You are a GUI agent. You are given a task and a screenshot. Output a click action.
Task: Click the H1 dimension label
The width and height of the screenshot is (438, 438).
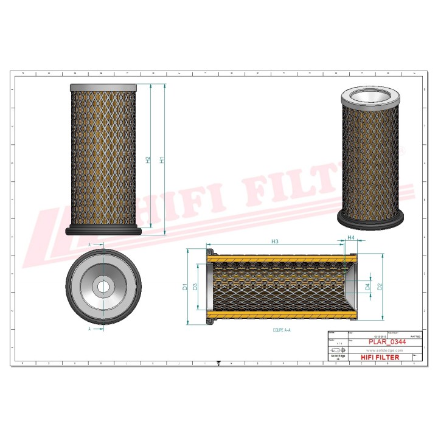(x=162, y=160)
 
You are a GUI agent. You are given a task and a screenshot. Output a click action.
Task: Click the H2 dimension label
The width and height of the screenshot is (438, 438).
(x=148, y=160)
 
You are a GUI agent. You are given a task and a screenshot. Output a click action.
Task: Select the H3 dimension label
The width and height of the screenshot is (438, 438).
(x=275, y=242)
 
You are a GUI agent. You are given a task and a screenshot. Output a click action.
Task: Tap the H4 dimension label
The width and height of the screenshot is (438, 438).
(x=351, y=237)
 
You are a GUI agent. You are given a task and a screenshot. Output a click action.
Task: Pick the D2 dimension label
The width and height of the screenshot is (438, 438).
(x=380, y=286)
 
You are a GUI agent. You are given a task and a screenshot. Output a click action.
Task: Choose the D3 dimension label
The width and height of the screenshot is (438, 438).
(x=195, y=286)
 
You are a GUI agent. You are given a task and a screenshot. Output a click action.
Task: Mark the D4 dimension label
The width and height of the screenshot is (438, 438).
(x=367, y=286)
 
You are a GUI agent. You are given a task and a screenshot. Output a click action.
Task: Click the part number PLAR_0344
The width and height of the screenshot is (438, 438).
(x=387, y=342)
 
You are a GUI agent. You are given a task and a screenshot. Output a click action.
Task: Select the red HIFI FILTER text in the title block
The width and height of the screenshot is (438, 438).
(x=380, y=357)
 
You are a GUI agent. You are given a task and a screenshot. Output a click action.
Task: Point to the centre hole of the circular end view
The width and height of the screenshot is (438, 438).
(x=105, y=286)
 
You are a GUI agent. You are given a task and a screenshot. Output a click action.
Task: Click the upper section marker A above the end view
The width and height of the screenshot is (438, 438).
(x=89, y=244)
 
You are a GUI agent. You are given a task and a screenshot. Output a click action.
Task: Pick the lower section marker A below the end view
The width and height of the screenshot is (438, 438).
(x=89, y=328)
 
